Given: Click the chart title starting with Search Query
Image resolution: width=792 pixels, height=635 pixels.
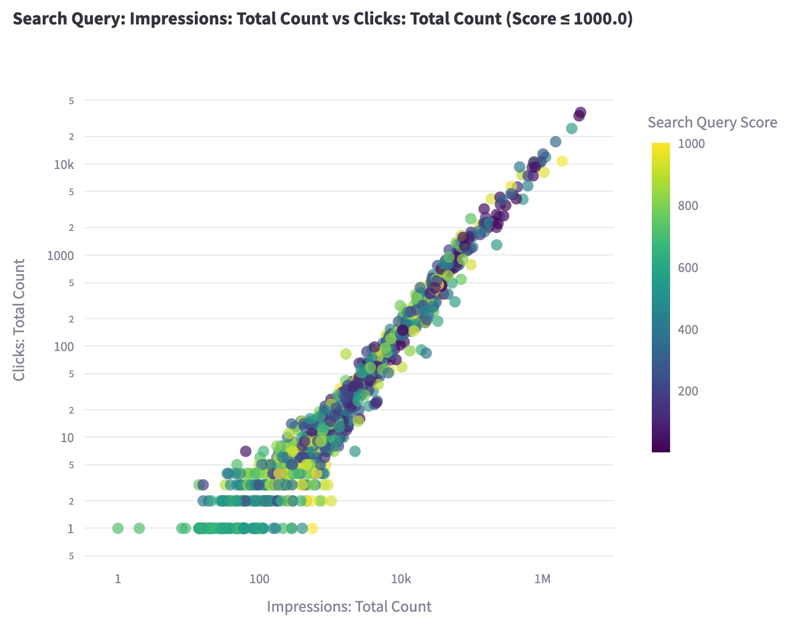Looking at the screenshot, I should [x=322, y=19].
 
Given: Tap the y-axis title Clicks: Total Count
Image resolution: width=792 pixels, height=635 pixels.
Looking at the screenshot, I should [x=19, y=320].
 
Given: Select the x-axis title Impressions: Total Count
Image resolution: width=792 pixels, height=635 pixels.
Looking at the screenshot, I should [x=349, y=607].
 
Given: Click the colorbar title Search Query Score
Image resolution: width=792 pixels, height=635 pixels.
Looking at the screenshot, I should [x=712, y=122].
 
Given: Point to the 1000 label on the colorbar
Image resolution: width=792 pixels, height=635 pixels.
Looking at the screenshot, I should [x=691, y=144].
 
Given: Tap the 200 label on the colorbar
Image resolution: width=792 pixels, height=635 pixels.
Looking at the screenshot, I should [x=688, y=391].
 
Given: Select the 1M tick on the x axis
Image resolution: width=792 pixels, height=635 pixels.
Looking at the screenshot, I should [x=542, y=579].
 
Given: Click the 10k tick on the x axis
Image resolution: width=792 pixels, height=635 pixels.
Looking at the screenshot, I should [x=401, y=579].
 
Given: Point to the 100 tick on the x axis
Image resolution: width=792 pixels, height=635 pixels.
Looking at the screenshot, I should [x=259, y=579].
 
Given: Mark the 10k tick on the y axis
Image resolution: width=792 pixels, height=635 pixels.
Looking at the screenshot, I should [x=63, y=164].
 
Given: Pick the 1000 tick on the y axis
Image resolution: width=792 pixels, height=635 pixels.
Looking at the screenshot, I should [x=60, y=255].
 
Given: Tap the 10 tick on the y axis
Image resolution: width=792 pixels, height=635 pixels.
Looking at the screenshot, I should [x=67, y=438].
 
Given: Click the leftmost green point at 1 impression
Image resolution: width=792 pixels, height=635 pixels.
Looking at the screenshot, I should [x=118, y=528].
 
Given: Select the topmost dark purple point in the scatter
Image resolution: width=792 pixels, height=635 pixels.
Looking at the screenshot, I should [x=581, y=113].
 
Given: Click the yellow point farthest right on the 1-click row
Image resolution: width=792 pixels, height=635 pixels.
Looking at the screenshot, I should [x=312, y=528].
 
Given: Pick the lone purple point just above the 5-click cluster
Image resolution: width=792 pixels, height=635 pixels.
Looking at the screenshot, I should [x=246, y=451].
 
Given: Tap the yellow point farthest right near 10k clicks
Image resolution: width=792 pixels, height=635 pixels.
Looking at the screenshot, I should [x=562, y=161].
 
